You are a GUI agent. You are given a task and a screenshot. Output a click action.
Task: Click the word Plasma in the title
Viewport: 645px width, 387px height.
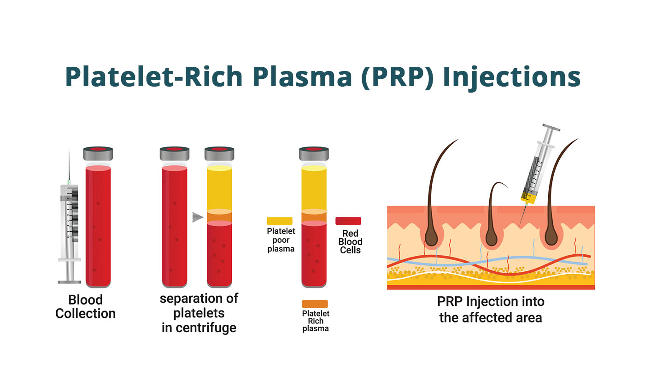tap(302, 77)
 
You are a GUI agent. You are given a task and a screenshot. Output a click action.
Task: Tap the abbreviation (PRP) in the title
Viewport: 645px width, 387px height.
tap(397, 77)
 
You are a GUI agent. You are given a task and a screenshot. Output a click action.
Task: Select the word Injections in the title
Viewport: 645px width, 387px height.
tap(511, 77)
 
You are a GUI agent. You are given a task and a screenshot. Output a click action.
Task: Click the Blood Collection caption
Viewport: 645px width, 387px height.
tap(86, 307)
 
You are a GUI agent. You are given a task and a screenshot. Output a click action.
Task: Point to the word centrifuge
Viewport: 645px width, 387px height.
tap(206, 328)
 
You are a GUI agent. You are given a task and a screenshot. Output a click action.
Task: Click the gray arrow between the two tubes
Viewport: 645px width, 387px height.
tap(198, 217)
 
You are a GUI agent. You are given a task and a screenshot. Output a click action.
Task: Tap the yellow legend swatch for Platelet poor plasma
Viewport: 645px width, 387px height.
tap(280, 221)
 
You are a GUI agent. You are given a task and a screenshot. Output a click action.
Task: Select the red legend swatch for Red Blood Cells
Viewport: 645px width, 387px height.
tap(348, 221)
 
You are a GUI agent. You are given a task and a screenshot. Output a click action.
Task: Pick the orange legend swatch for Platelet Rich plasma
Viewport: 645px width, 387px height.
tap(315, 304)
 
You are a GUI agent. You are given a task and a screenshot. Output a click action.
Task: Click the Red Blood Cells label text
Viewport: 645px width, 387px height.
tap(350, 241)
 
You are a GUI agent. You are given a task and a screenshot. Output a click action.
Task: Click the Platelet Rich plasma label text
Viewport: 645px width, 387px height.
tap(316, 321)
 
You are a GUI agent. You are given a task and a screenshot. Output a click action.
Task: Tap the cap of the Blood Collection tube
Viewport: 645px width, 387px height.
tap(98, 153)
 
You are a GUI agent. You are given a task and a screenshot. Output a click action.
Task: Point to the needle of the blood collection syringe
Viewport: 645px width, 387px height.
tap(69, 167)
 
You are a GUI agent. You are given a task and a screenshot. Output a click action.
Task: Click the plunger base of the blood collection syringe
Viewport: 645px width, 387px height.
tap(70, 282)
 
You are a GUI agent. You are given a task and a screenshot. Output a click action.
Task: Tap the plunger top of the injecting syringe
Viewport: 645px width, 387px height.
tap(551, 127)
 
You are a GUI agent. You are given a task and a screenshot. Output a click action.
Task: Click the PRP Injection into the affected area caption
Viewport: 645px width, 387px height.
tap(491, 310)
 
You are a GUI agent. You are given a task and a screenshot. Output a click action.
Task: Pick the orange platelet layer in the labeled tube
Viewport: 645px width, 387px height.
tap(314, 217)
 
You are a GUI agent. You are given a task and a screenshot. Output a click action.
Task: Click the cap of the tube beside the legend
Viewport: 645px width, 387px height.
tap(314, 153)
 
